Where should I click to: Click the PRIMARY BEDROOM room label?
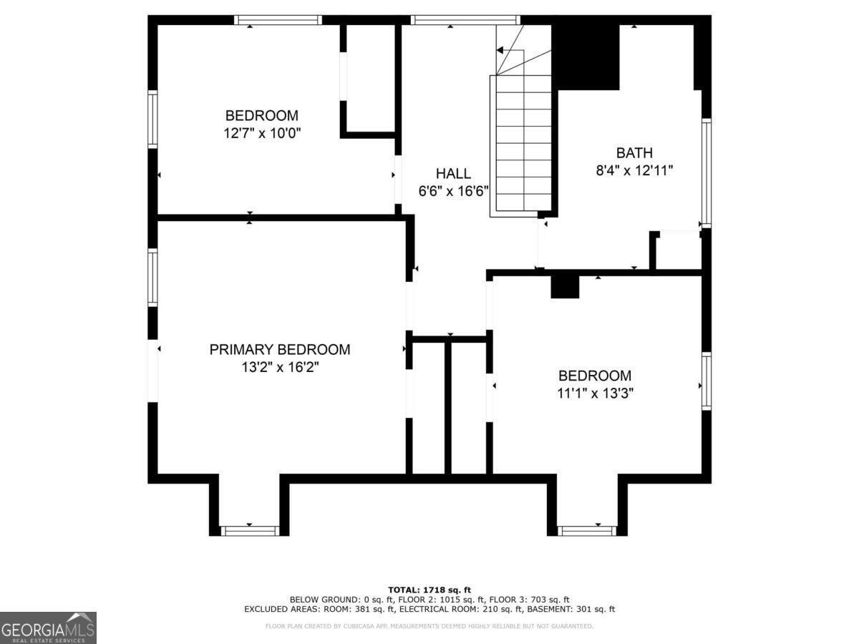(279, 349)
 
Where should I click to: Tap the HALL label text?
(453, 173)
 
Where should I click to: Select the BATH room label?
(634, 153)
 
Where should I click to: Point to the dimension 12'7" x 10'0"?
(262, 133)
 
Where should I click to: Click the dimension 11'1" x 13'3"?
(595, 393)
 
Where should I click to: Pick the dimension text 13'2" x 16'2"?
(280, 367)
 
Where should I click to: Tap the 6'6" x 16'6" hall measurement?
(453, 191)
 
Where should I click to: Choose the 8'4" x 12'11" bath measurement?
(634, 171)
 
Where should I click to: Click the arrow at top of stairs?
(500, 50)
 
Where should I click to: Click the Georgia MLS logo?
(48, 628)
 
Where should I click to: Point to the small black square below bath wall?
(565, 287)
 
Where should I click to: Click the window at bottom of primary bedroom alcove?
(250, 531)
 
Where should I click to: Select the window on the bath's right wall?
(706, 173)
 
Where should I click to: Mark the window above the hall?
(465, 20)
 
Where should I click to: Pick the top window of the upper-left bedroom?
(278, 20)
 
